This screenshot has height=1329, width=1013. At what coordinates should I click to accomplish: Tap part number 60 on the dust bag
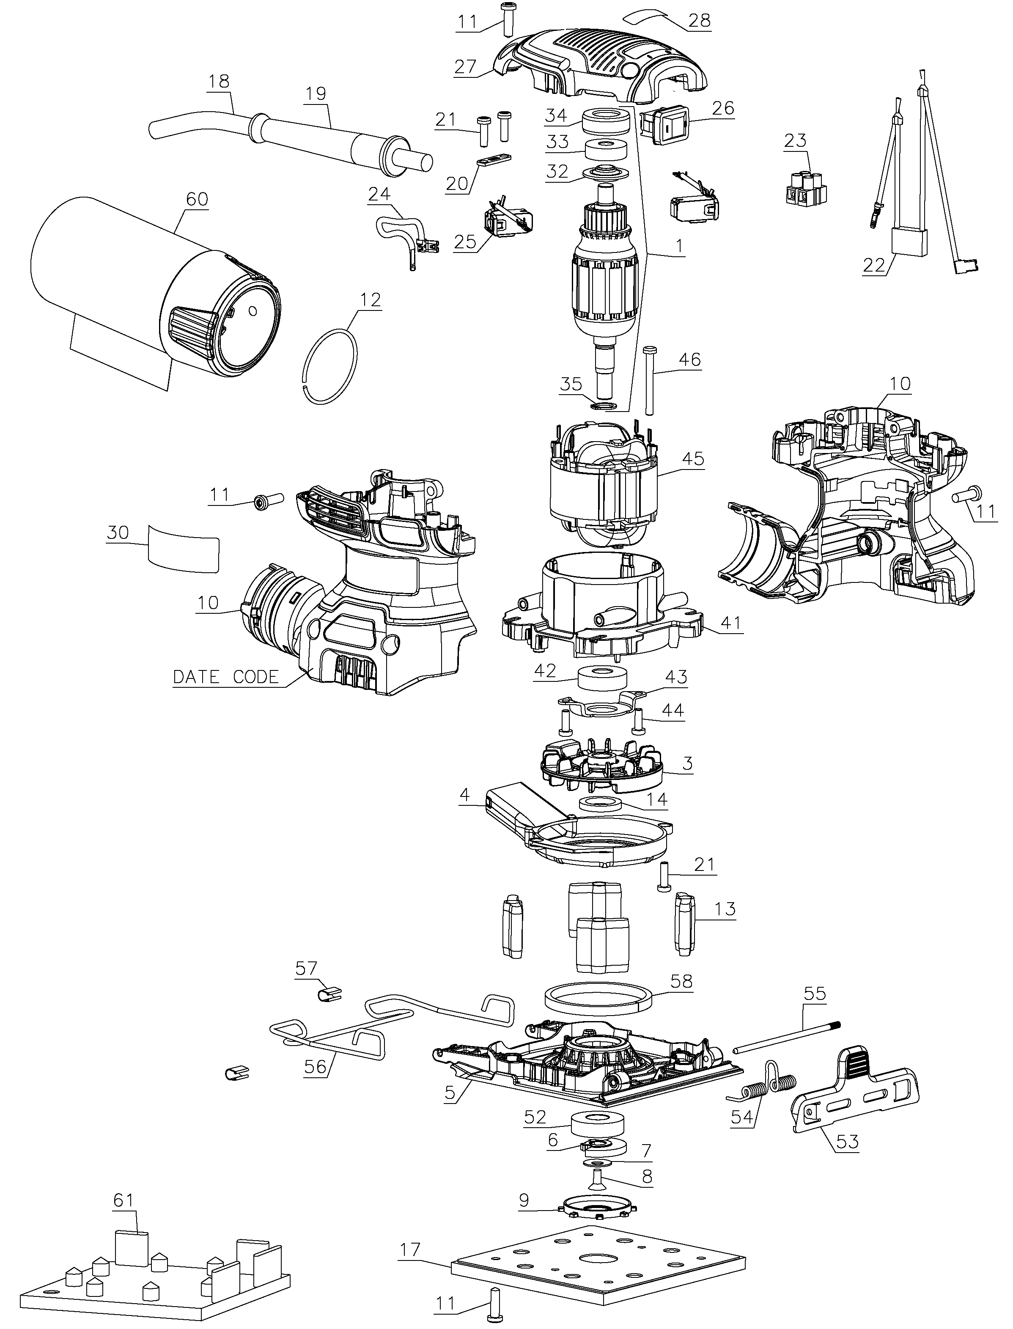pos(197,198)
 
